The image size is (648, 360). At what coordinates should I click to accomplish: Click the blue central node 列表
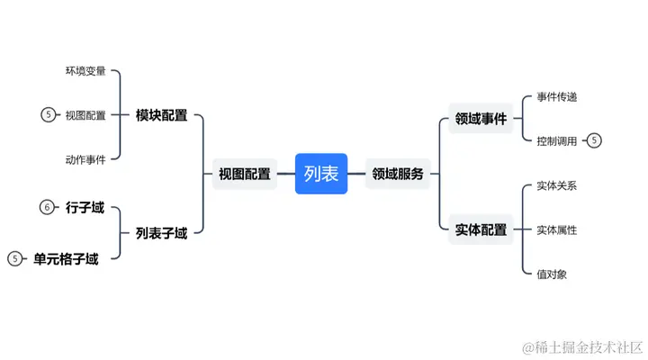(x=321, y=174)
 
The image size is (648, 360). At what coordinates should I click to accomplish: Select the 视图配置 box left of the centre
(x=245, y=175)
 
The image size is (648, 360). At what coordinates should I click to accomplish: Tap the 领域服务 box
(x=398, y=175)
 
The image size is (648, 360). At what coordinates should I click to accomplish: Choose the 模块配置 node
(x=162, y=115)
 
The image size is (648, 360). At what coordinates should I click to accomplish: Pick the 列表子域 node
(x=162, y=233)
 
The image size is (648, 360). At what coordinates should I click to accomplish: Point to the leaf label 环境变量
(x=85, y=71)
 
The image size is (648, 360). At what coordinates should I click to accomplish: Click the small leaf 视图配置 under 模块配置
(x=85, y=115)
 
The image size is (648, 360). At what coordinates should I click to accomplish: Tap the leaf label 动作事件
(x=85, y=159)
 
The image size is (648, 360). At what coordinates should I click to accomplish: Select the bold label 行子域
(x=85, y=208)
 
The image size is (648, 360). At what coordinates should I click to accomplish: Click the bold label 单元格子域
(x=66, y=259)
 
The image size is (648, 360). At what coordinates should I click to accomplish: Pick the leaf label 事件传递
(x=556, y=96)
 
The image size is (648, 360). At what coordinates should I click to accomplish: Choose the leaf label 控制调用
(x=556, y=140)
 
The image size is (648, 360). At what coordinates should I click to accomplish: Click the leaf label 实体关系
(x=556, y=186)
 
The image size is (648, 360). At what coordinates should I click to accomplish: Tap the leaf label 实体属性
(x=556, y=229)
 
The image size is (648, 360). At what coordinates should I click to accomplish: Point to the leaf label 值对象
(x=552, y=274)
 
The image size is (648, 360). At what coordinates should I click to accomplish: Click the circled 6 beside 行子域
(x=48, y=208)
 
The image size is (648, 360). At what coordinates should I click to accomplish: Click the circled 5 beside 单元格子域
(x=14, y=259)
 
